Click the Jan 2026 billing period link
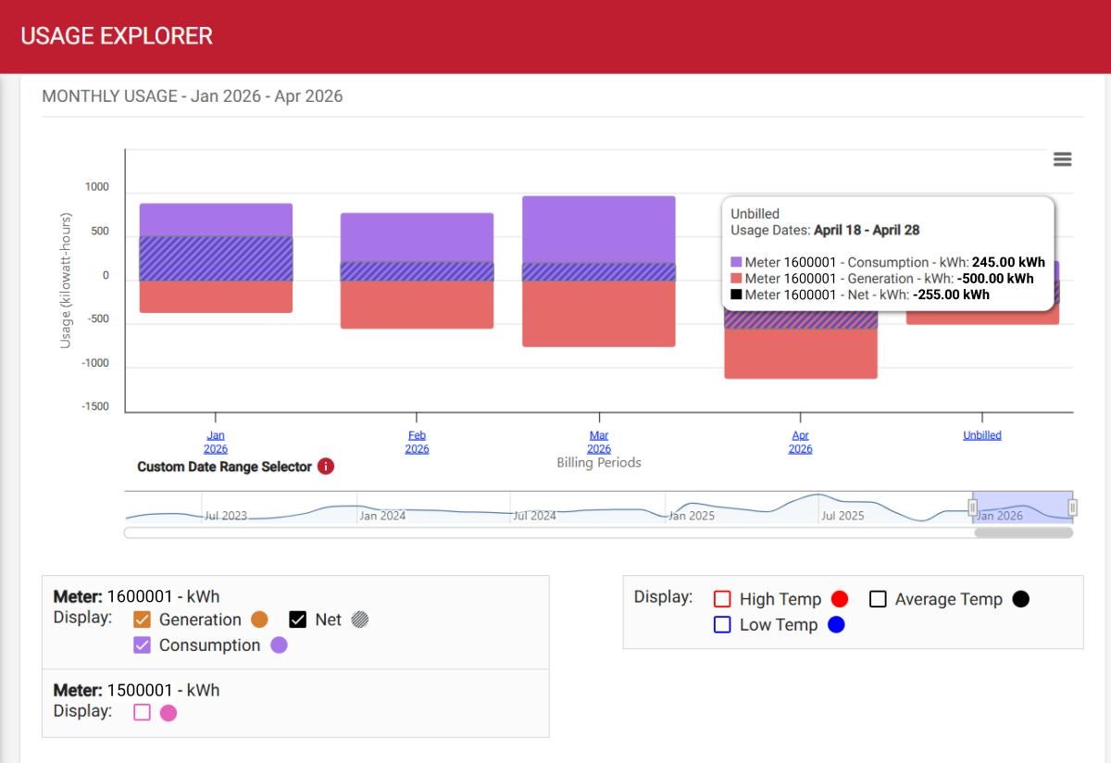[x=215, y=442]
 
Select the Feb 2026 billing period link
[x=417, y=442]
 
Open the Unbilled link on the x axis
[x=981, y=435]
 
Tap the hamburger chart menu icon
[x=1062, y=159]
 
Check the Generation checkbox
[x=143, y=619]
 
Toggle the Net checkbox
[x=298, y=619]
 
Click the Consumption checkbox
[x=143, y=645]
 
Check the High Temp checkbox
[x=723, y=599]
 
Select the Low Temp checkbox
[x=723, y=625]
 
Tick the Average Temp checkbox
[x=879, y=599]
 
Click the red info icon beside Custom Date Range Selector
[x=325, y=467]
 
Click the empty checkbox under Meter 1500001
[x=142, y=713]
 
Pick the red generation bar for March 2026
[x=598, y=315]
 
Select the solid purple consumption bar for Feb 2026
[x=417, y=237]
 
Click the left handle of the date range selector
[x=972, y=507]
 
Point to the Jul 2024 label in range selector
[x=535, y=516]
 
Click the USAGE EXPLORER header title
[x=117, y=36]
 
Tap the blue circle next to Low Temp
[x=836, y=625]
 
